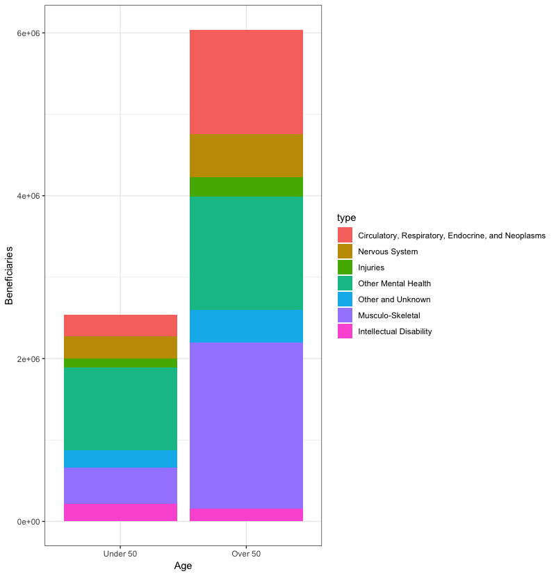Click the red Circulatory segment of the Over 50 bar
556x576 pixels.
(246, 82)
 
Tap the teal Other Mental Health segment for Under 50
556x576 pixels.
(120, 409)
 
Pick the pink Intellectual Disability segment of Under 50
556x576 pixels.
(120, 512)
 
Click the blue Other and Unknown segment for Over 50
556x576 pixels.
(246, 326)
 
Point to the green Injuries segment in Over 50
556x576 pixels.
(246, 187)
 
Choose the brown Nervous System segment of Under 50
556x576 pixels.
(120, 347)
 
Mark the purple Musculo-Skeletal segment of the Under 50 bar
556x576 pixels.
(120, 486)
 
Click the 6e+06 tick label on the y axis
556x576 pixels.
(27, 33)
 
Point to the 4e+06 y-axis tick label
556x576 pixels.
(27, 196)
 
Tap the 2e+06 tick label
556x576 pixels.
(27, 359)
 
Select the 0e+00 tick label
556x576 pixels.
(27, 522)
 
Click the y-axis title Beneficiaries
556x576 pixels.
(10, 277)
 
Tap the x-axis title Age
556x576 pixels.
(183, 566)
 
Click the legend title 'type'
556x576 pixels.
(346, 218)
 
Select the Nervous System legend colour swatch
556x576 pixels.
(345, 252)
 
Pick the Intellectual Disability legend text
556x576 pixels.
(395, 331)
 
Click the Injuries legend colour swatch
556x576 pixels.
(345, 268)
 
